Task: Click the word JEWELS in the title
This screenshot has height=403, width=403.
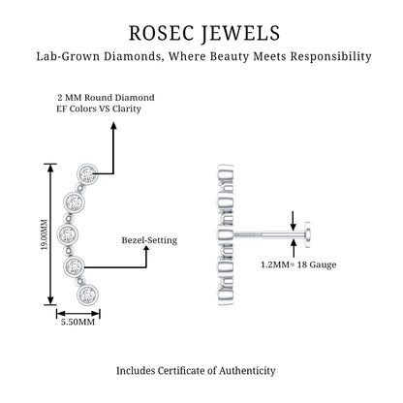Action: point(241,34)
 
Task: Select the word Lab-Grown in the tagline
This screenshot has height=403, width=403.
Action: point(68,56)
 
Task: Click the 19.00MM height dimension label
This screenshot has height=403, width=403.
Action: point(44,234)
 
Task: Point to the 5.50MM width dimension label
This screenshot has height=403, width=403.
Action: point(77,322)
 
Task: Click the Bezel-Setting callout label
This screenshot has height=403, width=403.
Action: point(149,240)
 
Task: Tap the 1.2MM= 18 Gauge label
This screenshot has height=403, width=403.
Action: point(298,264)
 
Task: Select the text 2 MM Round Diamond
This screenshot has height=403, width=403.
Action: point(106,98)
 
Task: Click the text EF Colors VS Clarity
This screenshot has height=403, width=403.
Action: point(99,108)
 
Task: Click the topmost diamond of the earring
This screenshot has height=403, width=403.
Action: point(87,173)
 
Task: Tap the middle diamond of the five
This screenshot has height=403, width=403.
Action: point(68,233)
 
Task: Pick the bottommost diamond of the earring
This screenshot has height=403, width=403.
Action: point(87,294)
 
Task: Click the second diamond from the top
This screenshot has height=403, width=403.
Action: point(74,202)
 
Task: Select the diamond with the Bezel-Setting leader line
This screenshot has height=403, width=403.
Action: point(74,266)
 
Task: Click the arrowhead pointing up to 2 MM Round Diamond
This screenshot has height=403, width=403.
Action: point(113,126)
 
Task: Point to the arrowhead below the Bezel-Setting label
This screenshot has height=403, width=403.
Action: point(146,250)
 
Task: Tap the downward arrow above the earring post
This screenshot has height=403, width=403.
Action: point(294,221)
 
